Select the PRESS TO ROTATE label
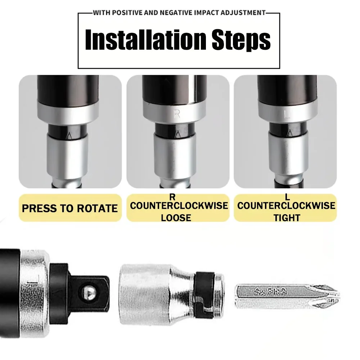[x=70, y=208]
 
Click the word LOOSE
[x=176, y=217]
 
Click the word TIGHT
[x=287, y=217]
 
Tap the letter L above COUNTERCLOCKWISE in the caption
[x=287, y=197]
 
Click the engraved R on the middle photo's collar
[x=177, y=114]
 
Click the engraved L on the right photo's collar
[x=287, y=115]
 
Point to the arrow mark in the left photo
[x=69, y=135]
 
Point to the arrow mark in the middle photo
[x=177, y=135]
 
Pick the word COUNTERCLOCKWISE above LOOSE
[x=179, y=206]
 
